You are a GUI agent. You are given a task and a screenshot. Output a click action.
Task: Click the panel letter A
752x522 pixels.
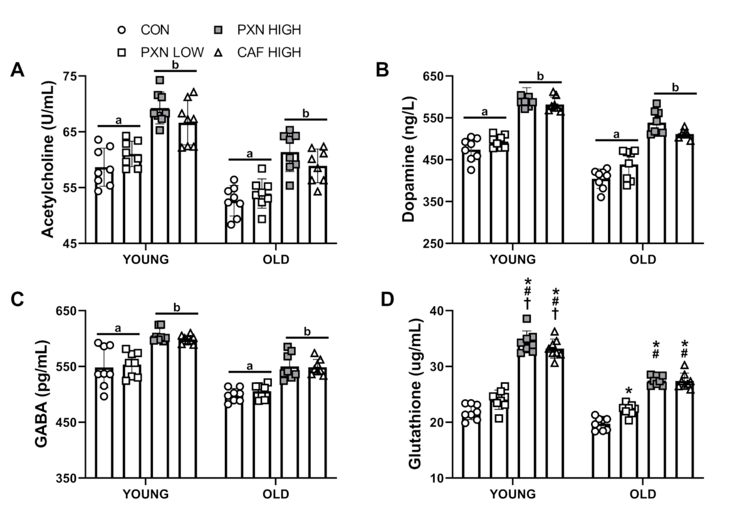coord(18,70)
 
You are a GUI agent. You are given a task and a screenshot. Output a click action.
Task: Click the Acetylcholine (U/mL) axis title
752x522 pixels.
coord(48,160)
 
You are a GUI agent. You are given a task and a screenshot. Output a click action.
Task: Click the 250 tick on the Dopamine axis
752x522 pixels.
coord(435,243)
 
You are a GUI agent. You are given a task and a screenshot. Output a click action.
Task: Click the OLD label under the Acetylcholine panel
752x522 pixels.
coord(274,260)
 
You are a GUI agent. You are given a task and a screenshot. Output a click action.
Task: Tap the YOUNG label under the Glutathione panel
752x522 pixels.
coord(513,494)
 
